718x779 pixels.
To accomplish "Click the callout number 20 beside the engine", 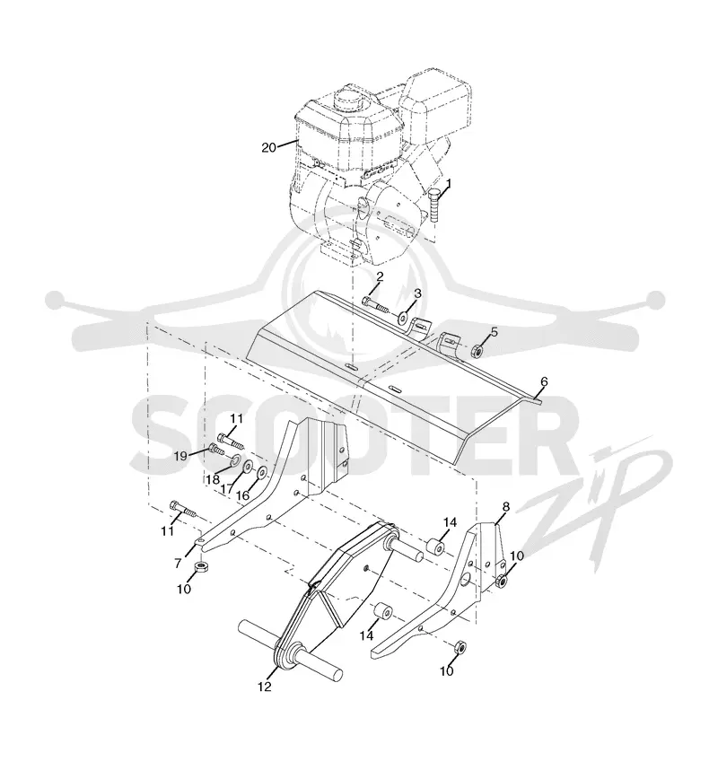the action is [x=269, y=147].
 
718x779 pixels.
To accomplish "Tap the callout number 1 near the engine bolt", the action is [x=449, y=184].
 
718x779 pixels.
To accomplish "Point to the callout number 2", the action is [x=380, y=277].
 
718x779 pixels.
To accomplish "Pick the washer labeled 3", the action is [x=403, y=316].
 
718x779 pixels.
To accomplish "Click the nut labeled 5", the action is [x=478, y=351].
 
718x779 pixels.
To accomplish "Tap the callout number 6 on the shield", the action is [x=544, y=381].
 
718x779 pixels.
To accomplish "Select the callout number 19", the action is [x=181, y=456].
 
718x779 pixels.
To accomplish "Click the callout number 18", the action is [x=214, y=480].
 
